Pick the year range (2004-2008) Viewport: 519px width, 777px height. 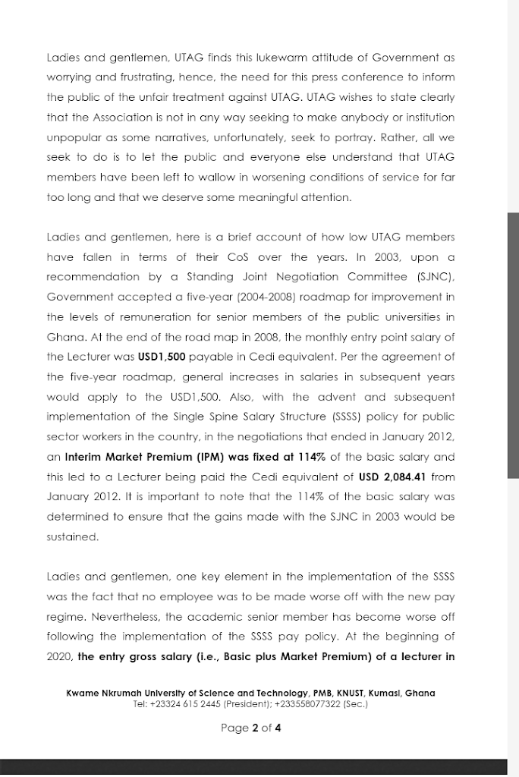coord(250,297)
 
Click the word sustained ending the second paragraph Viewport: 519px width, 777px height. coord(73,536)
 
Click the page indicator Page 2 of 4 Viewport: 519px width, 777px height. coord(250,728)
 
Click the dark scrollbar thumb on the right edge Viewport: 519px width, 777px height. coord(513,345)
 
